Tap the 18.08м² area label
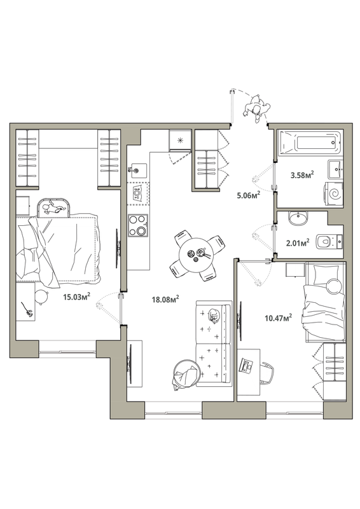point(165,299)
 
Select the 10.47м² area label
point(278,317)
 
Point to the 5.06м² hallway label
point(249,195)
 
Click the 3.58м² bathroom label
point(302,176)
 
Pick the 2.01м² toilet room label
point(298,242)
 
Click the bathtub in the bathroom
point(309,142)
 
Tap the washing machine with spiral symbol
point(333,194)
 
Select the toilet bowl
point(326,241)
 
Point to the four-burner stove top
point(138,225)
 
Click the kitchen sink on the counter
point(137,170)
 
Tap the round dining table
point(197,255)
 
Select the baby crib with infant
point(54,208)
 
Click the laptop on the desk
point(247,365)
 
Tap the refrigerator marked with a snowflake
point(180,140)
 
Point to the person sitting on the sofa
point(215,315)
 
